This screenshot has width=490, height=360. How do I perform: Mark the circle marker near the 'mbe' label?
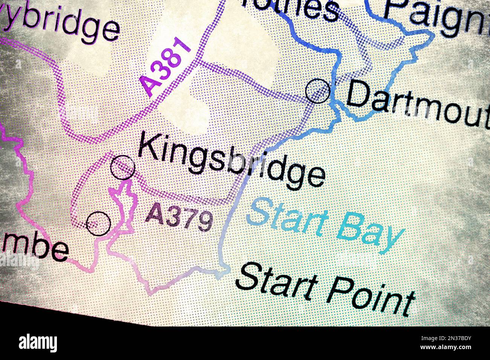(x=98, y=223)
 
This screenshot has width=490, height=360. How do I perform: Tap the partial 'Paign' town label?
(x=437, y=17)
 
